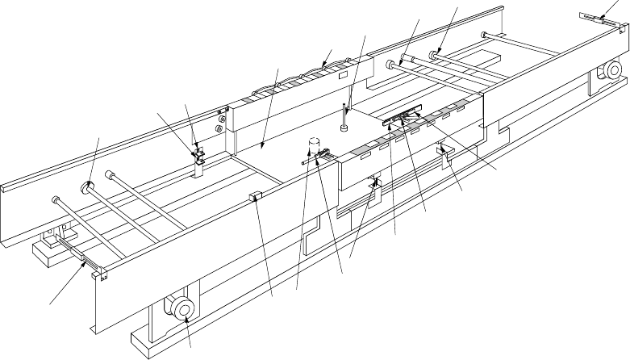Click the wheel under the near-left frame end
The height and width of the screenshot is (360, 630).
tap(180, 308)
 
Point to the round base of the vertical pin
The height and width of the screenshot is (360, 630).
tap(344, 126)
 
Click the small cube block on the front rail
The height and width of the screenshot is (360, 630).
tap(255, 196)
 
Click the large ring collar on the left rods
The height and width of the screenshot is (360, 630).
tap(87, 187)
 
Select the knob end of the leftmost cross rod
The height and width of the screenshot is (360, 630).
tap(55, 199)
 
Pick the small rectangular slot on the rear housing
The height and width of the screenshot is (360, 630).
tap(342, 74)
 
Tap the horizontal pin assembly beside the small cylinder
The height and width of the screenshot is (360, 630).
tap(316, 160)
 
